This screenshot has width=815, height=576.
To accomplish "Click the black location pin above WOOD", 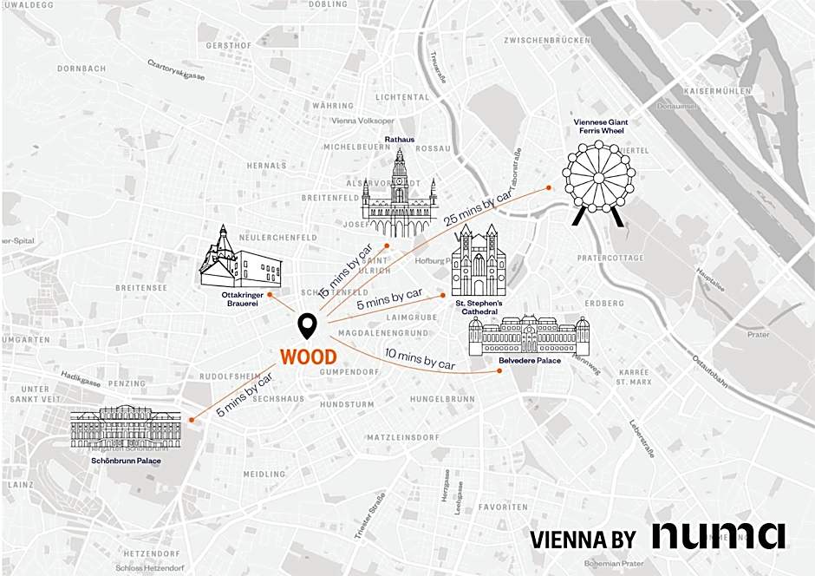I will coord(307,327).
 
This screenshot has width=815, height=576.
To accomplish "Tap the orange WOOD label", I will coord(308,357).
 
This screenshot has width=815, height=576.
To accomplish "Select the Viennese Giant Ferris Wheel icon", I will coord(598,185).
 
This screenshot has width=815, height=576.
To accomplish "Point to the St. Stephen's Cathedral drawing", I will coord(478,261).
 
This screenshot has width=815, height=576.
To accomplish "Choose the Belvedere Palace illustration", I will coord(529,335).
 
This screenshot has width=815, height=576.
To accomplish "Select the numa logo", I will coord(719,535).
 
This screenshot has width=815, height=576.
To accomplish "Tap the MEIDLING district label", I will coord(264,475).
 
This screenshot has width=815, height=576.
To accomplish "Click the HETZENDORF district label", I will coord(151,553).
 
